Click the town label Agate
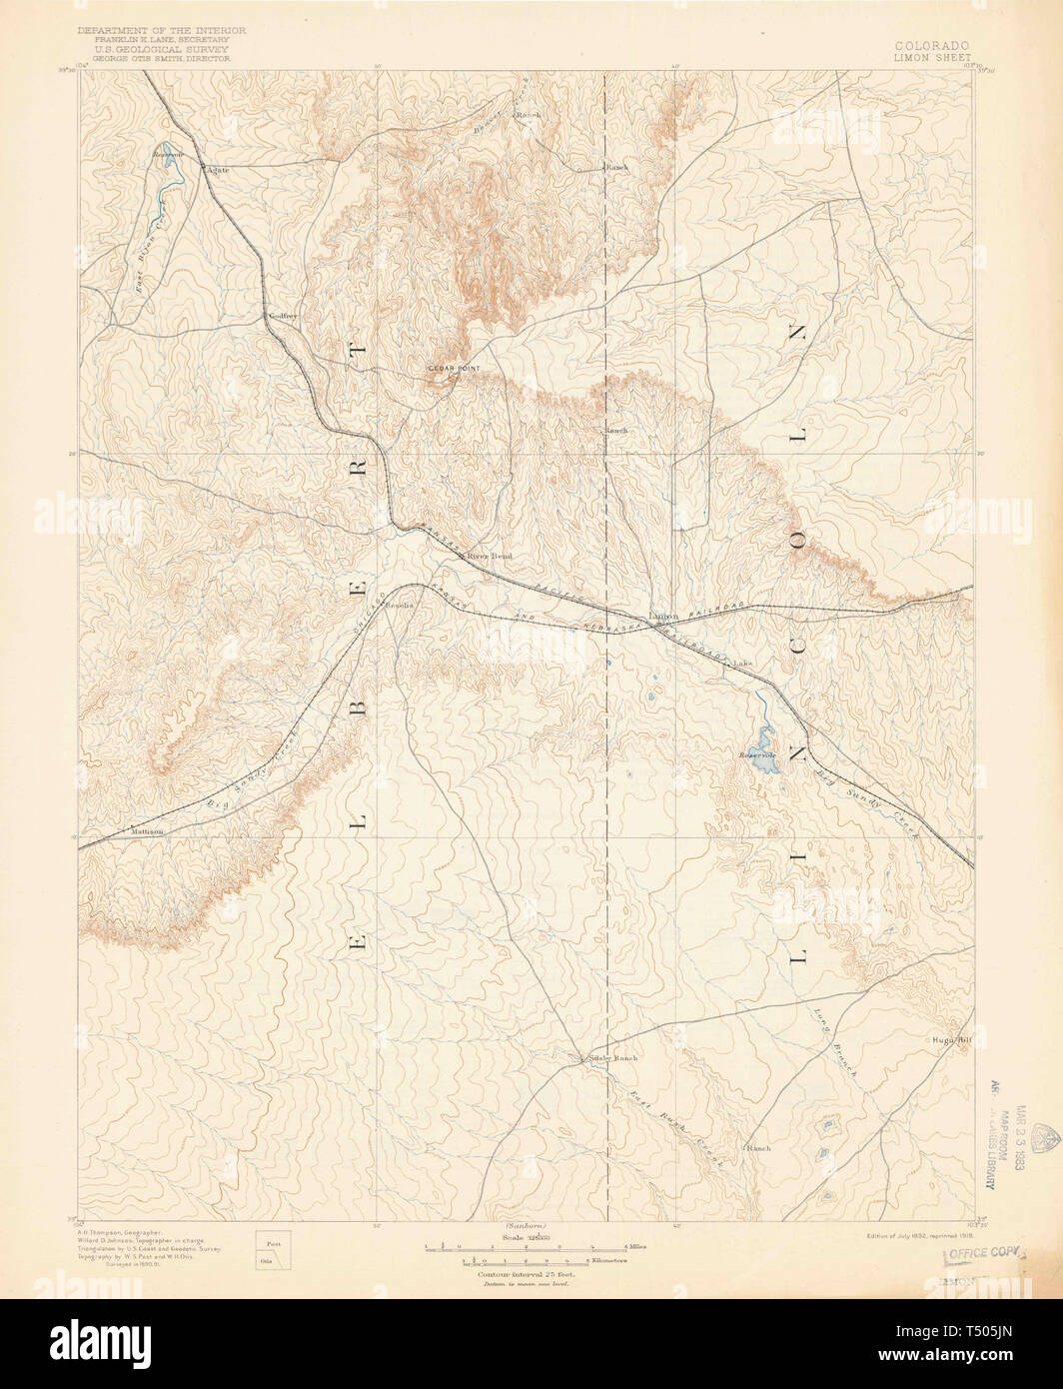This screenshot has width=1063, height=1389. (x=217, y=170)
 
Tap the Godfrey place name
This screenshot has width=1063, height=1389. (x=283, y=317)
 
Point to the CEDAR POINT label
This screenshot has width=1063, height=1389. (x=454, y=368)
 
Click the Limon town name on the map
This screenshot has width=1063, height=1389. (x=664, y=617)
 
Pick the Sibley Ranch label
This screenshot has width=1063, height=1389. (x=612, y=1057)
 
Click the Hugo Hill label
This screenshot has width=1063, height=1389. (x=951, y=1039)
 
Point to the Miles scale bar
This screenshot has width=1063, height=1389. (x=525, y=1248)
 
